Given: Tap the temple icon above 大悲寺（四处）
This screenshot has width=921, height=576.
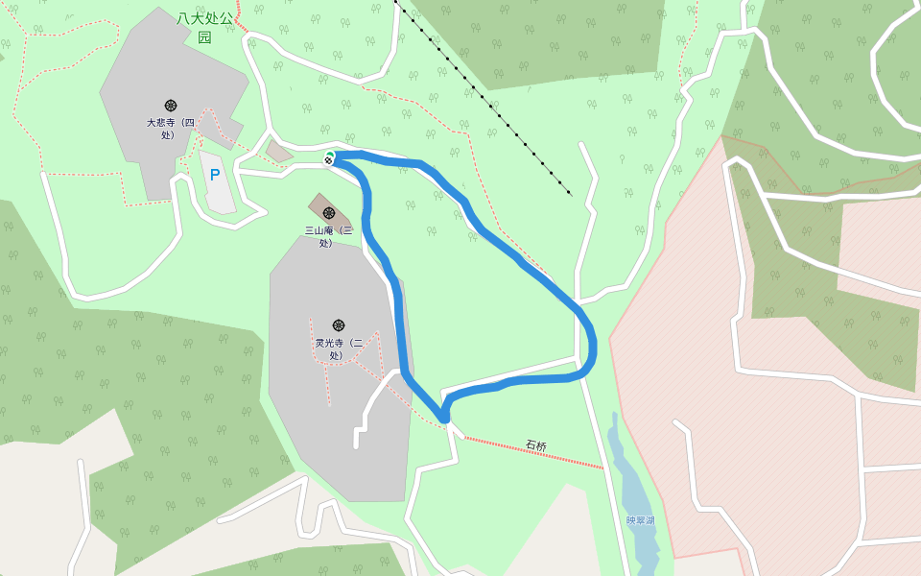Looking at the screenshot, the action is pos(171,105).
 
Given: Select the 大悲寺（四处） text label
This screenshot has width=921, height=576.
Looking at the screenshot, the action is pos(170,129).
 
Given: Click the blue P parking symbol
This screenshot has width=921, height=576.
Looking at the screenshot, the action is pos(215,175).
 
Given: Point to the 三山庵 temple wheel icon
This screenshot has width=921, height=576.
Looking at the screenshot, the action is pos(329,212).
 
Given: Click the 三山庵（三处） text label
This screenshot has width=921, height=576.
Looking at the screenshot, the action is pos(328,236).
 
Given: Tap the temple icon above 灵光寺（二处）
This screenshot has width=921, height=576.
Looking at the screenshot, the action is pos(338,325).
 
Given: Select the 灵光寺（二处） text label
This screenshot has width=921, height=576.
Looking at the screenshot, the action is pos(338,348).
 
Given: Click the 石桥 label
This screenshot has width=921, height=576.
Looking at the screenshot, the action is pos(535,445).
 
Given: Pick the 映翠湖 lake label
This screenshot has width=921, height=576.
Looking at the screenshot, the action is pos(640,520).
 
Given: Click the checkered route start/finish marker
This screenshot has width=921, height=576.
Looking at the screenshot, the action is pos(329,158).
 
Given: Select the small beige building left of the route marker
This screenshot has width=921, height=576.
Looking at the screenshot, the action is pos(278,152).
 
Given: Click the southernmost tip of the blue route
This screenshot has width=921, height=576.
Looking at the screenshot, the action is pos(444,418).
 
